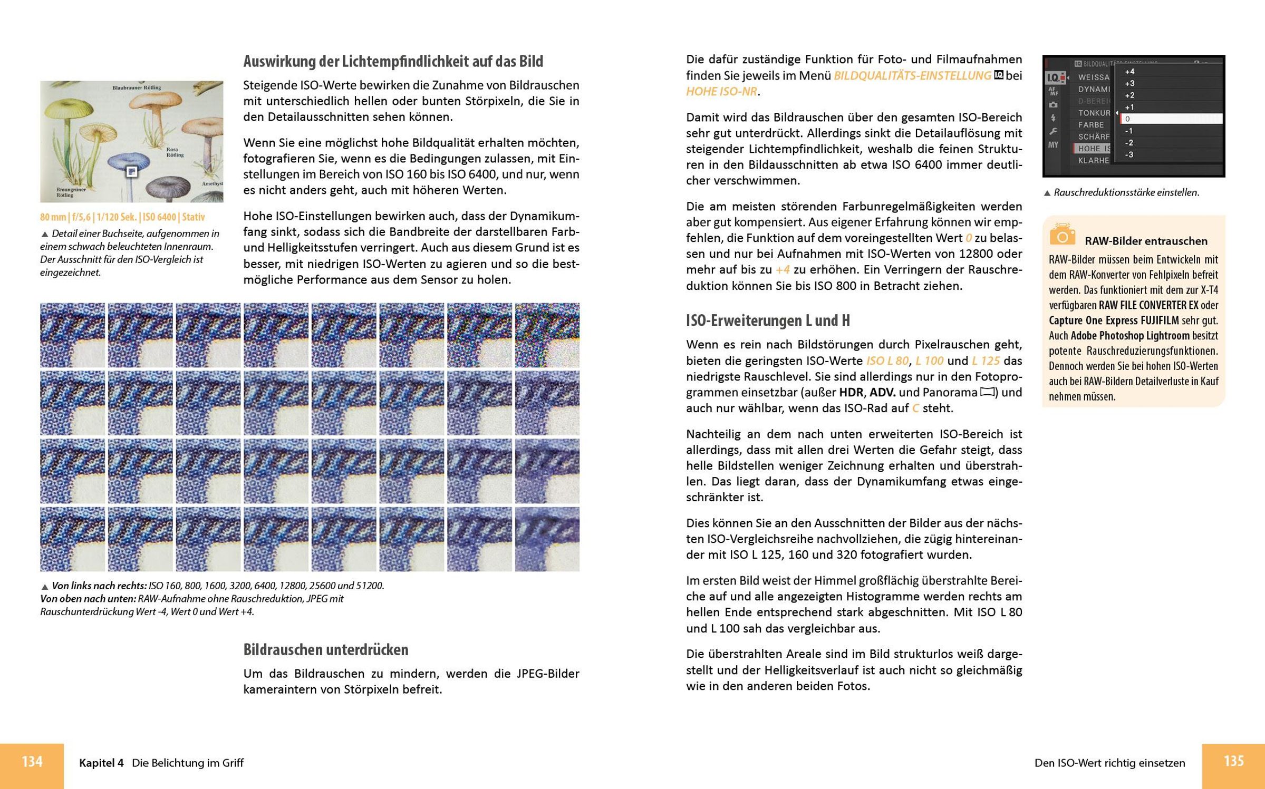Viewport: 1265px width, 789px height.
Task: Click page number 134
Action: coord(32,762)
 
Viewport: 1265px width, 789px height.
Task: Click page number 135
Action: coord(1233,761)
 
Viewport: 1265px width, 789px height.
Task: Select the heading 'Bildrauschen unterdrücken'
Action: coord(325,650)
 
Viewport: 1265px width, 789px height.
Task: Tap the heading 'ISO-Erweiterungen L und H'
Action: coord(768,320)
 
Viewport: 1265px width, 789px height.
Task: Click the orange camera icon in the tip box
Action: coord(1062,235)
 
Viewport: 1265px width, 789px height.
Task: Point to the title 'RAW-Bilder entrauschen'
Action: coord(1146,241)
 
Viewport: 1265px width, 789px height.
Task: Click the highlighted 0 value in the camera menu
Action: coord(1171,119)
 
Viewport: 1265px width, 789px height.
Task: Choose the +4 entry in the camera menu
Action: coord(1129,72)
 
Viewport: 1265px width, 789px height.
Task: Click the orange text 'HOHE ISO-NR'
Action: coord(721,92)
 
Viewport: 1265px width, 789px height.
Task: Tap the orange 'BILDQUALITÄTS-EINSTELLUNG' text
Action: coord(912,76)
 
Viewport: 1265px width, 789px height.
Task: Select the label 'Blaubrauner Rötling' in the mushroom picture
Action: coord(137,87)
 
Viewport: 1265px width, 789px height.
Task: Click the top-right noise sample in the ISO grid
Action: coord(547,335)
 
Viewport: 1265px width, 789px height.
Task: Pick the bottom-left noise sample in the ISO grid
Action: coord(72,539)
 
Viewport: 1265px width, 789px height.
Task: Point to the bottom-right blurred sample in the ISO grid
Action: coord(547,539)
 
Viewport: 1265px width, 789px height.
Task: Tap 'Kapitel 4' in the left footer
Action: coord(101,763)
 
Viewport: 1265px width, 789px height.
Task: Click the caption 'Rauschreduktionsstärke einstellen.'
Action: coord(1126,193)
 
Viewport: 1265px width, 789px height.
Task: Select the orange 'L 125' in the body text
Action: coord(986,361)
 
